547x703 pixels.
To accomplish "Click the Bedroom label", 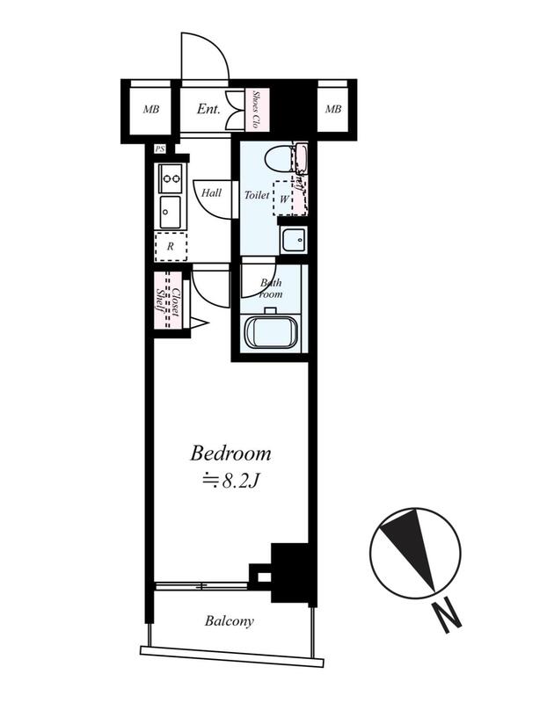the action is pos(230,453).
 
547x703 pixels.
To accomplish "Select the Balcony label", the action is pos(230,621).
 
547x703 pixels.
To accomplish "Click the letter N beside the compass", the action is pos(446,617).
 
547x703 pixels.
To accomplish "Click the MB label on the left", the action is pos(151,109).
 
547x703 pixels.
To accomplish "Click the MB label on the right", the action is pos(333,109).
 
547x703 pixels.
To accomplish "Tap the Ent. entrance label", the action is pos(208,109).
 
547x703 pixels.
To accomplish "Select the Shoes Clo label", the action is pos(256,109).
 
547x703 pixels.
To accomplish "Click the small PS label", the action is pos(160,149).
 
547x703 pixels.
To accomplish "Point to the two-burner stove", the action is pos(171,178).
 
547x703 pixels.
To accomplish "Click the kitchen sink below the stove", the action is pos(171,213).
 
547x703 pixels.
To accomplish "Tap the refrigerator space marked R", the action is pos(171,247).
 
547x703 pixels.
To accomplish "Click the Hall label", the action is pos(211,192).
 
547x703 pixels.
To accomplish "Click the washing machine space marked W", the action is pos(283,199).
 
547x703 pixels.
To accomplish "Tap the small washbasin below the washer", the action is pos(294,239).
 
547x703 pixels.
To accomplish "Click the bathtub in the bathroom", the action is pos(271,332).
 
